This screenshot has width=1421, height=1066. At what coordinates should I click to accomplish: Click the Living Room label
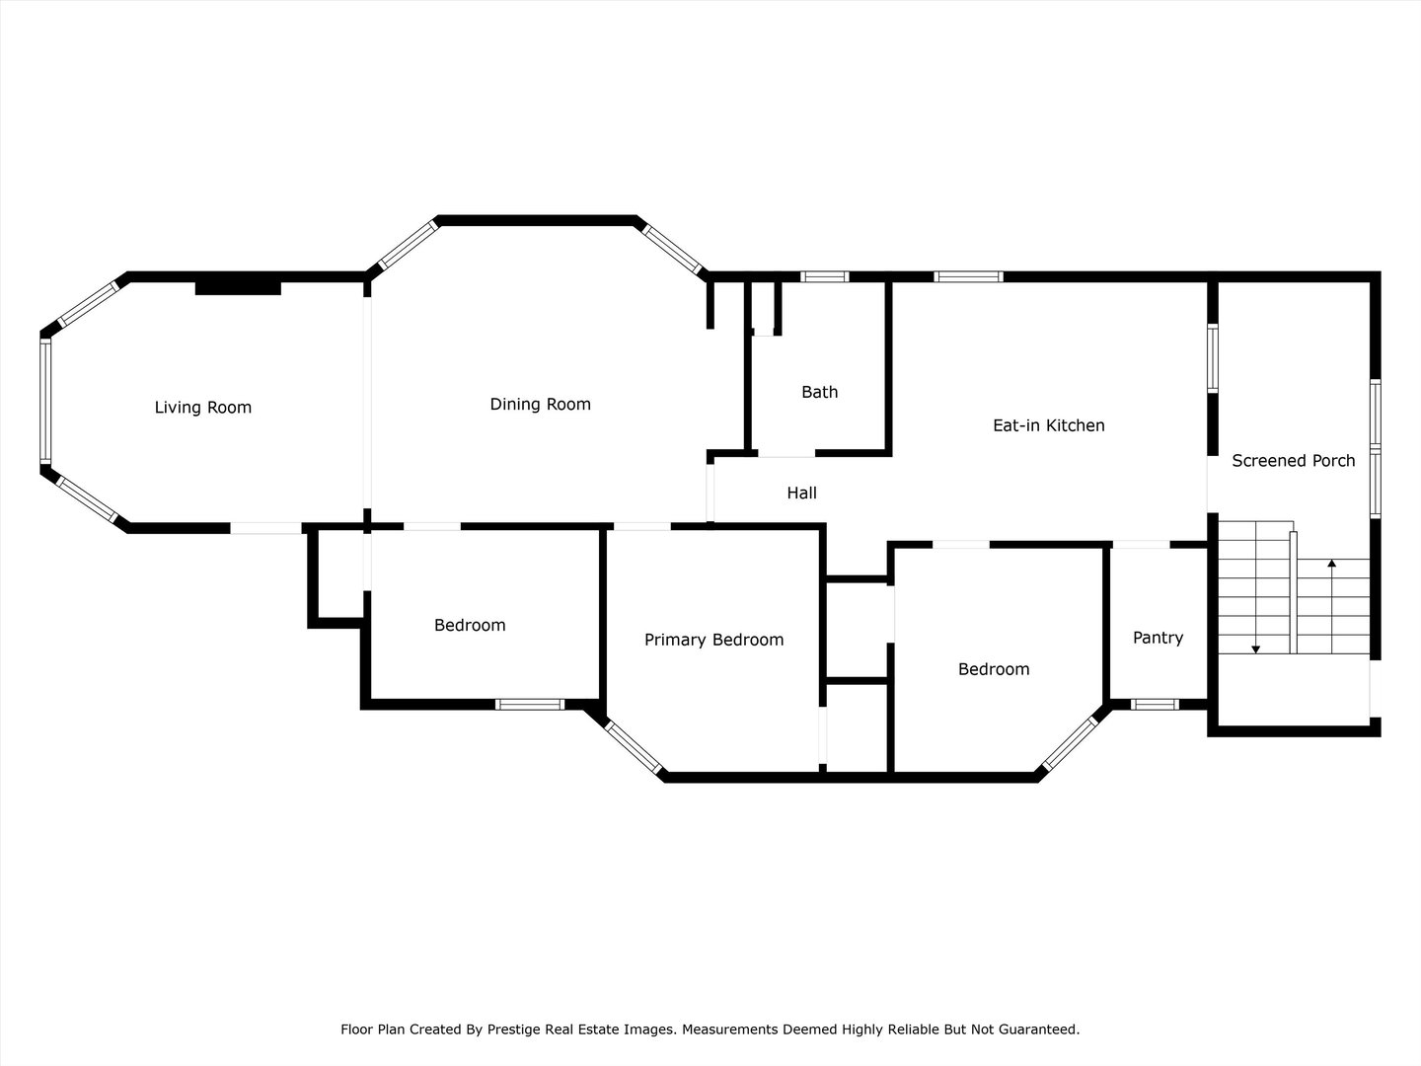(x=202, y=408)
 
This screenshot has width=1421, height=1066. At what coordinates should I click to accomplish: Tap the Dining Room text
(x=541, y=405)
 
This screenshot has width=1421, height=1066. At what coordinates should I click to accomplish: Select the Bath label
(x=820, y=392)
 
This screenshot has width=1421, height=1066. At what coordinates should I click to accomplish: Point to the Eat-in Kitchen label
(x=1049, y=425)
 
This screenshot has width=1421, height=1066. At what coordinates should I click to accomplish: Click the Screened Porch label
(x=1294, y=461)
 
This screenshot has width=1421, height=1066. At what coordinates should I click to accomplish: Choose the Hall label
(x=801, y=494)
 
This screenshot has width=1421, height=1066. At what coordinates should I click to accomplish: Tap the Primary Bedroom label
(x=714, y=641)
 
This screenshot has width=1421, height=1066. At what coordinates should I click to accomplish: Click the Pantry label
(x=1159, y=639)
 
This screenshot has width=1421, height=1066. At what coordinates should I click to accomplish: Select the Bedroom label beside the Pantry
(x=994, y=669)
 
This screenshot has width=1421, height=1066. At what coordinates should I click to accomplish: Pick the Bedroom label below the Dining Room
(x=470, y=625)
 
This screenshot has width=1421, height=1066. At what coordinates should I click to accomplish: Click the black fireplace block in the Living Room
(x=238, y=288)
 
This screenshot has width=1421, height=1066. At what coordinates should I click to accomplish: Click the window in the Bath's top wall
(x=825, y=277)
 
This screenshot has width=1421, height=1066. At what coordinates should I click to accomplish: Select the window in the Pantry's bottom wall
(x=1155, y=705)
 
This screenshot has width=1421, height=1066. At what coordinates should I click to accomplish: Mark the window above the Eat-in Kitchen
(x=968, y=277)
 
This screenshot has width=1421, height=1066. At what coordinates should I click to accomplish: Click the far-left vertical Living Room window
(x=45, y=402)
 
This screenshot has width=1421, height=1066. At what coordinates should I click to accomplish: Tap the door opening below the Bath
(x=786, y=454)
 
